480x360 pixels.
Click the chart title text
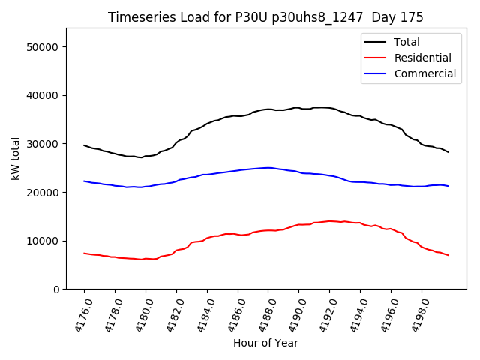coord(265,17)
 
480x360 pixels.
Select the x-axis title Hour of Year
coord(265,343)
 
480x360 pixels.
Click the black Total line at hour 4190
coord(298,108)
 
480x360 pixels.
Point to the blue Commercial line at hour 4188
coord(268,168)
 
